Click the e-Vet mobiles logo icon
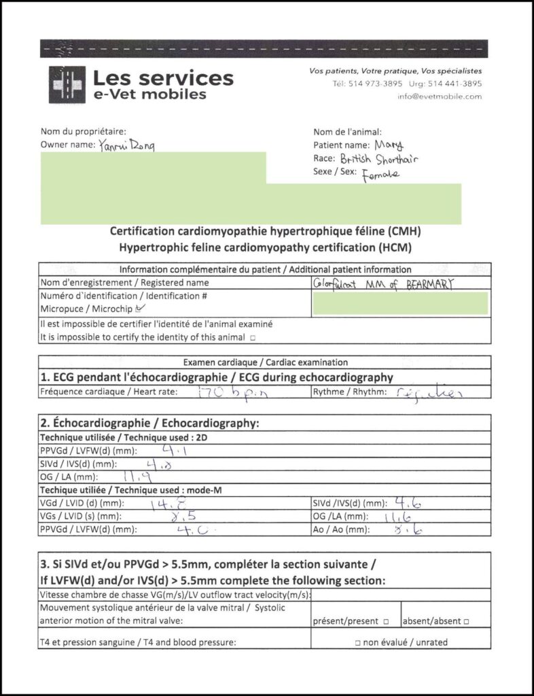(67, 84)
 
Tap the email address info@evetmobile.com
(440, 97)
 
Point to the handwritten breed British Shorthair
(389, 159)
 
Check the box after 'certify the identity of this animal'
(253, 336)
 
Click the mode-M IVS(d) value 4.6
(410, 504)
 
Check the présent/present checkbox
(386, 621)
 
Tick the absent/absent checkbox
(467, 621)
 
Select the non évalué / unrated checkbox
(357, 642)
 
